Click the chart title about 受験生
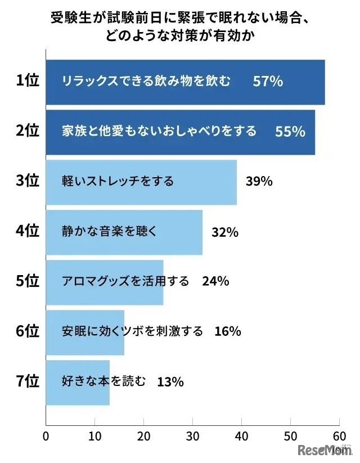181,28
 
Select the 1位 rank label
27,81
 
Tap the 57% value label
267,82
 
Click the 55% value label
290,132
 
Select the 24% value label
215,281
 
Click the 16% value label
227,331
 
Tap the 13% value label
170,382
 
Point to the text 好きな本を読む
103,381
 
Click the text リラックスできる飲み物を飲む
146,82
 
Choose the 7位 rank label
27,381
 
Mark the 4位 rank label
27,231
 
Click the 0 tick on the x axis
46,436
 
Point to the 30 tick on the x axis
192,436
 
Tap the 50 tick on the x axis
290,436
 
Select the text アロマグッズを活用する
125,281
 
